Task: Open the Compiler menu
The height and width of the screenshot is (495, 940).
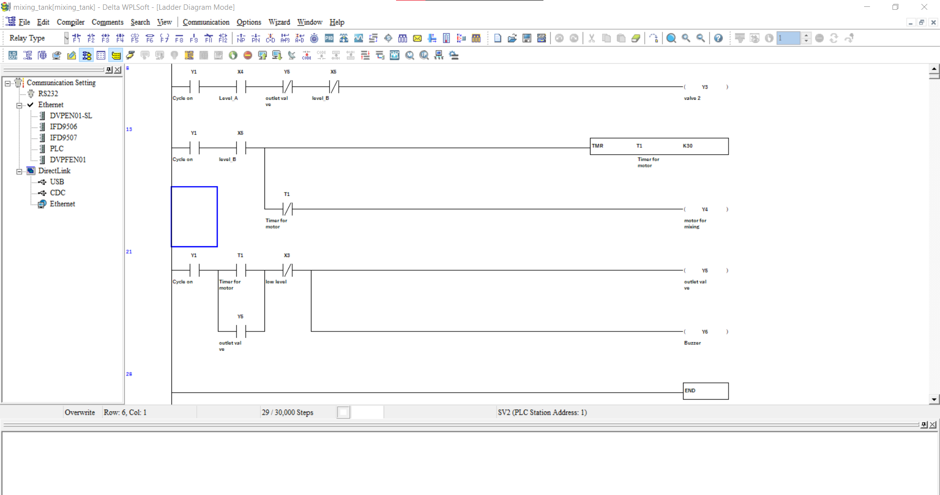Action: pos(70,22)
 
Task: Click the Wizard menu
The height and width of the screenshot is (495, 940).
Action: pos(279,22)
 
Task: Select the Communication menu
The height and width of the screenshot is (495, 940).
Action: pos(206,22)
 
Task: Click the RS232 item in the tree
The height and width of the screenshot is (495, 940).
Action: pos(48,94)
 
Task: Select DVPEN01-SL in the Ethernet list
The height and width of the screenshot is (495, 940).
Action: pos(70,116)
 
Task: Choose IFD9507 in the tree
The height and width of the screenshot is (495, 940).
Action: pos(63,138)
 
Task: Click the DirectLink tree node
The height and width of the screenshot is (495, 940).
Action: pos(54,171)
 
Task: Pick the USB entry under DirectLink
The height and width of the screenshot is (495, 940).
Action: pos(57,182)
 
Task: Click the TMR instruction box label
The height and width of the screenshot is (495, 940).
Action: pos(597,146)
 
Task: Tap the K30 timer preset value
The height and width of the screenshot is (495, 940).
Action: pos(687,146)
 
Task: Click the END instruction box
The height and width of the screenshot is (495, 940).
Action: pos(705,391)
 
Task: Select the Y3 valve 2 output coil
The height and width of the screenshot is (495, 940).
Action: pos(705,87)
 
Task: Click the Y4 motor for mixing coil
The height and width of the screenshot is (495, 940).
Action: pos(705,210)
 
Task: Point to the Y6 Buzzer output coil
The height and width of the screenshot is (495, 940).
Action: pos(705,332)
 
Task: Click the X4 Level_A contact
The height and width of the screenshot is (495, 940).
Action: pos(240,87)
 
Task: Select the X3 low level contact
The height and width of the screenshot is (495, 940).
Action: pos(287,270)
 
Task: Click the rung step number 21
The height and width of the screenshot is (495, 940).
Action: pos(129,252)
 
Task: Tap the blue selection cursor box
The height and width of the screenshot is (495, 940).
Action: pos(194,216)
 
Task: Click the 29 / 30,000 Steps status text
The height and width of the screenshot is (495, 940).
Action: pos(287,412)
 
